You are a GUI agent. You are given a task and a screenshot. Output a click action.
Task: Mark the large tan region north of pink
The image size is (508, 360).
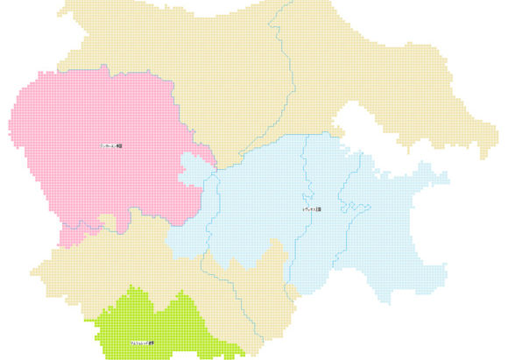point(219,53)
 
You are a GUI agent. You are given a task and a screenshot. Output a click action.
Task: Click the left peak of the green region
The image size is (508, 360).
point(131,293)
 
